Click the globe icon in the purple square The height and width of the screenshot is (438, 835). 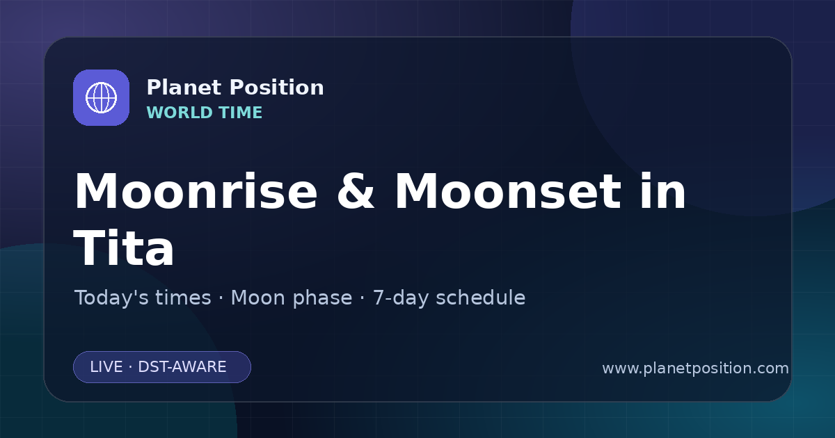pyautogui.click(x=101, y=97)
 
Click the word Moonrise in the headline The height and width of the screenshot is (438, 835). pyautogui.click(x=196, y=191)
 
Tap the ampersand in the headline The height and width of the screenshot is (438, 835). pyautogui.click(x=356, y=191)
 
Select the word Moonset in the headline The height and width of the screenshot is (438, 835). pyautogui.click(x=508, y=191)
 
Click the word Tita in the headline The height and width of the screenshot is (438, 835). pyautogui.click(x=124, y=248)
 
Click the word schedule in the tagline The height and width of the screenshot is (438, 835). pyautogui.click(x=481, y=298)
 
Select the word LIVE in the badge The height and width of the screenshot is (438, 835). pyautogui.click(x=106, y=367)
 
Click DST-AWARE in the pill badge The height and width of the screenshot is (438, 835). pyautogui.click(x=182, y=367)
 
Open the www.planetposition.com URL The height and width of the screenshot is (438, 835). pyautogui.click(x=696, y=368)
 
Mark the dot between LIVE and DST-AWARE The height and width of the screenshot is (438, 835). pyautogui.click(x=131, y=367)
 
